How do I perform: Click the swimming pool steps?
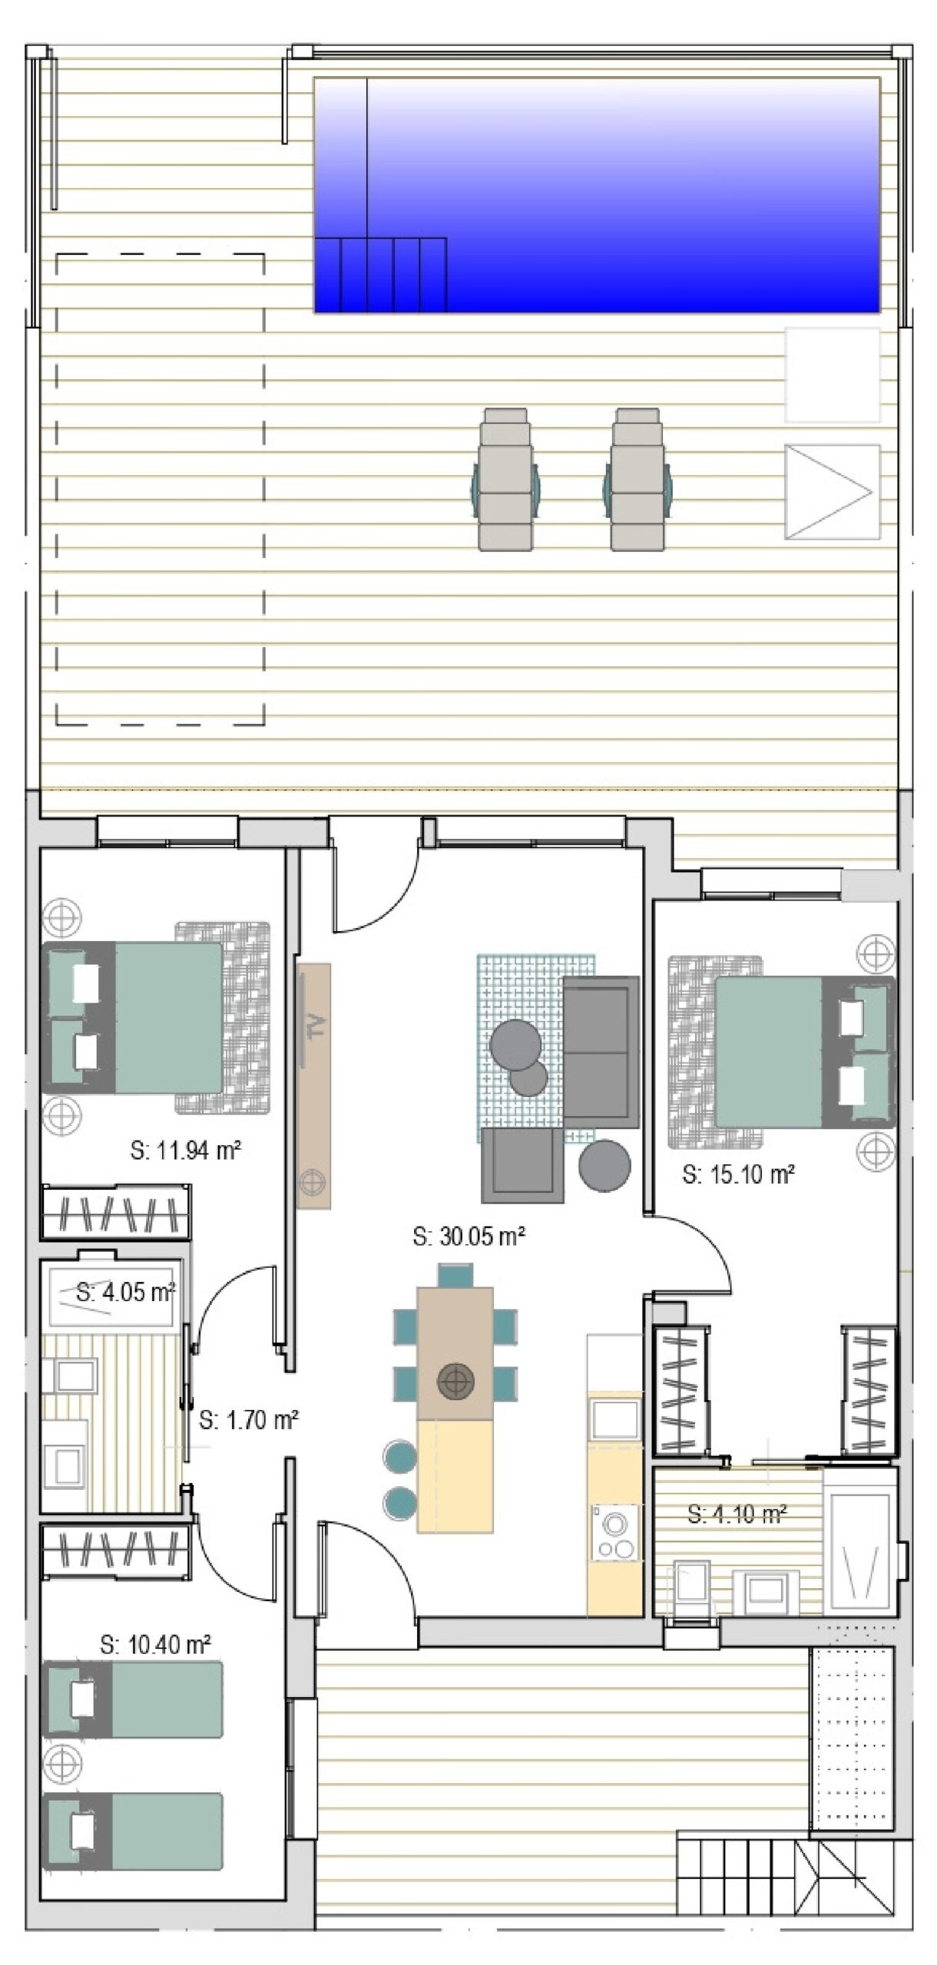(x=381, y=275)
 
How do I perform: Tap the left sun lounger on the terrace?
(x=505, y=479)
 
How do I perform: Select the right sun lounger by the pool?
(x=637, y=479)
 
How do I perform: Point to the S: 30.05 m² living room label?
(x=468, y=1237)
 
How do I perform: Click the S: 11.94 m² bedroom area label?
(x=186, y=1151)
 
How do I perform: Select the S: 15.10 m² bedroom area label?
(x=738, y=1174)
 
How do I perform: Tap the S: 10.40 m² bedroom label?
(x=156, y=1645)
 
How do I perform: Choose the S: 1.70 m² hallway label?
(x=249, y=1421)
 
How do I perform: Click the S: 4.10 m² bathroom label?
(x=737, y=1514)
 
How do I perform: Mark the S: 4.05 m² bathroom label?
(x=126, y=1292)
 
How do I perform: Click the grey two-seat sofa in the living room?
(x=601, y=1052)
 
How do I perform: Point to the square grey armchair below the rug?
(x=522, y=1165)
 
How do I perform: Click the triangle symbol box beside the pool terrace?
(x=832, y=491)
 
